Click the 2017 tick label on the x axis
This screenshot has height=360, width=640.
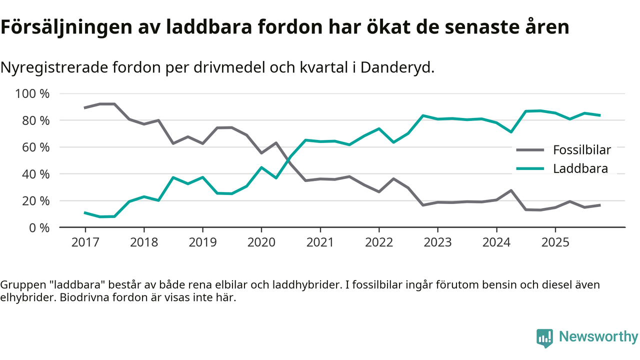(85, 242)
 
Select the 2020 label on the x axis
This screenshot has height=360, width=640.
(261, 242)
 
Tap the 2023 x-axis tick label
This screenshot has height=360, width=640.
(437, 242)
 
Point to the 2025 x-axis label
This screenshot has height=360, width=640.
(555, 242)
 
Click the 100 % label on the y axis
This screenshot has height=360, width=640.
(33, 94)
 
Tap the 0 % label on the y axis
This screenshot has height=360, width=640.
(39, 227)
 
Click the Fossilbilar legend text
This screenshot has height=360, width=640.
(581, 149)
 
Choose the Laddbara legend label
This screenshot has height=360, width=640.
(580, 168)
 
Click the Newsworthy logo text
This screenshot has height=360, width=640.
(598, 336)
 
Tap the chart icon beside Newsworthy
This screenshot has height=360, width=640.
(544, 337)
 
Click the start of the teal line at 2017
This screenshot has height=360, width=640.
(85, 212)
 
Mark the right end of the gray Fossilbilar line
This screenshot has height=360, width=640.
(599, 205)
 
